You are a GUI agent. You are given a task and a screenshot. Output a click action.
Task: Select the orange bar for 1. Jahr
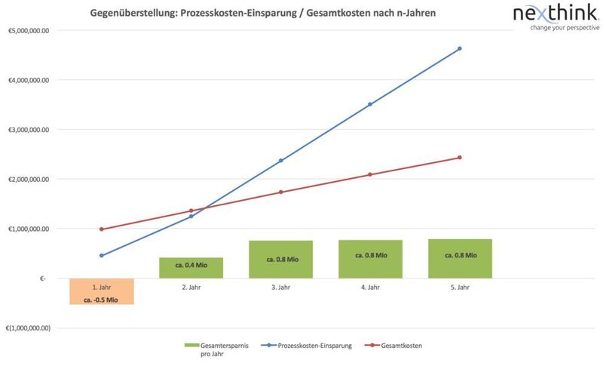(x=101, y=291)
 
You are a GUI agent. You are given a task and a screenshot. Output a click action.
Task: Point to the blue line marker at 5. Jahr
(x=460, y=48)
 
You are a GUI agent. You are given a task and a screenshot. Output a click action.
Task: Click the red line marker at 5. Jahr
(x=460, y=158)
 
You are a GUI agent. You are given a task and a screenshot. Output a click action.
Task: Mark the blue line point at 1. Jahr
(x=101, y=256)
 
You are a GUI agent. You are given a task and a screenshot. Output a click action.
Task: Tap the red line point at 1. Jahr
(x=101, y=229)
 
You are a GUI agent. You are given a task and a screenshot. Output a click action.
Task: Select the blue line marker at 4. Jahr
(x=370, y=104)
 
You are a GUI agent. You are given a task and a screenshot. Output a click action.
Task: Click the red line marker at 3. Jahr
(x=280, y=192)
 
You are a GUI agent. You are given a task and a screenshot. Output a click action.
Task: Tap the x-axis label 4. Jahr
(x=370, y=288)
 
